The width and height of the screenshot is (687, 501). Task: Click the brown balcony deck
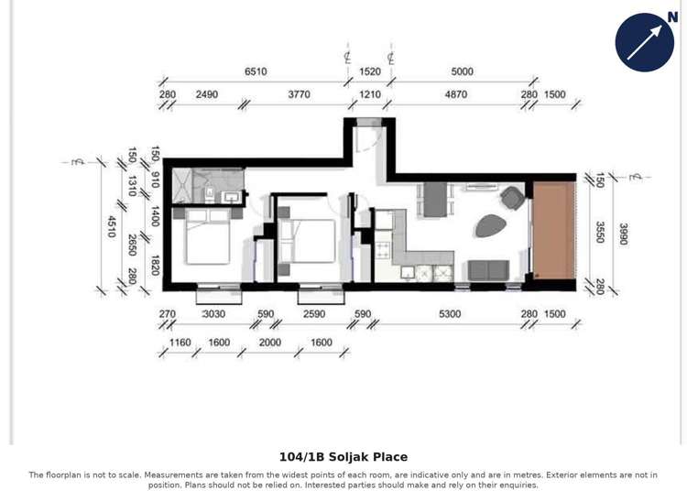tap(554, 230)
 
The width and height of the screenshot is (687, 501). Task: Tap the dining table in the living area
tap(434, 199)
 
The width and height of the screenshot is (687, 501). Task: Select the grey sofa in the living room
tap(488, 270)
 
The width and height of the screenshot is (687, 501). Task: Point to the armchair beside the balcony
tap(512, 197)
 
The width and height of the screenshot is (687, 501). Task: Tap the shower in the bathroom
tap(182, 186)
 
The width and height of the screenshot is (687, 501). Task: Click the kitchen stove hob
tap(383, 247)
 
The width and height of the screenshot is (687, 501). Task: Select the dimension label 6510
tap(256, 71)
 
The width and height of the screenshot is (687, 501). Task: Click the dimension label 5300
tap(450, 314)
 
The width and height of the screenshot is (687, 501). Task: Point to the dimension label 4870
tap(455, 94)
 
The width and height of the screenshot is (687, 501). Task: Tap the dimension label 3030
tap(213, 314)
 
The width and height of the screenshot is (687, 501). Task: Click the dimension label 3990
tap(623, 234)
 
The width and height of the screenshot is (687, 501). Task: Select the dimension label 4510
tap(112, 226)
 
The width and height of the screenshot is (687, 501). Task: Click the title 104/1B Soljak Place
tap(343, 457)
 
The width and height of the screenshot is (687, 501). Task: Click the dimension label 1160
tap(180, 343)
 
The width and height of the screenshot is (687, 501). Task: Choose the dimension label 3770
tap(299, 94)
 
